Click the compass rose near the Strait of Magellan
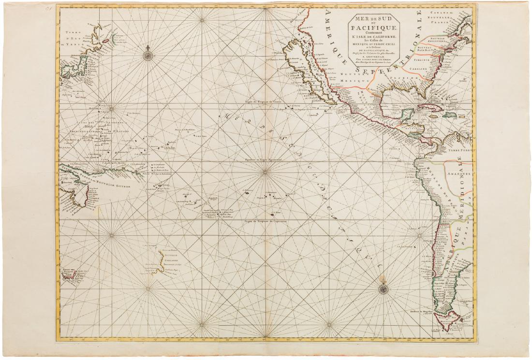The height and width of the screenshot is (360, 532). [x=383, y=289]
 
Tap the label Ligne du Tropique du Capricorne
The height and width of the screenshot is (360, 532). [x=266, y=221]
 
